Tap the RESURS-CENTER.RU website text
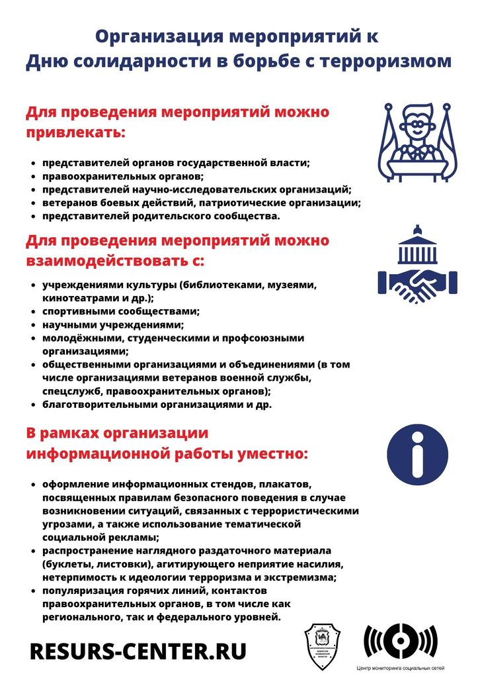click(x=138, y=651)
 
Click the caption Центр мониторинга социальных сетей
click(x=401, y=669)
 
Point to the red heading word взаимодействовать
click(x=107, y=260)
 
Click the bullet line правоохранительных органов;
click(x=123, y=176)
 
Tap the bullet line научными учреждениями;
click(x=113, y=324)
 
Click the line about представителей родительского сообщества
click(x=161, y=216)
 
